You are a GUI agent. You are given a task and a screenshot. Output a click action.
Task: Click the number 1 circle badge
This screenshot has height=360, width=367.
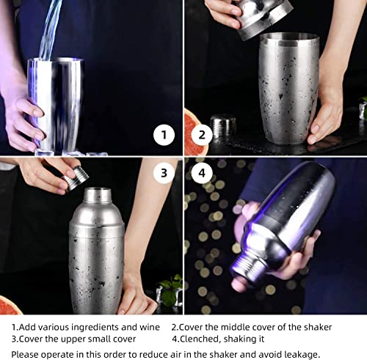point(164,135)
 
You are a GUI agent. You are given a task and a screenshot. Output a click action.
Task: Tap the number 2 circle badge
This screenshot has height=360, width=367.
point(203,135)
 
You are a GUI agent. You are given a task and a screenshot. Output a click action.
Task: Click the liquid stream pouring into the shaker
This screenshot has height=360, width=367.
point(49,29)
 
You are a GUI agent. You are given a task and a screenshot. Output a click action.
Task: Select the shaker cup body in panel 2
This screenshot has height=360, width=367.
point(288,88)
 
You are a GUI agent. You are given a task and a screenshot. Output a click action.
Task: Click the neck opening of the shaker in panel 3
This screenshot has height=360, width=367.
point(97,195)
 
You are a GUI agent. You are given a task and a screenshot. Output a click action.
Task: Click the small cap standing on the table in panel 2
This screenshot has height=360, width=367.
point(222,126)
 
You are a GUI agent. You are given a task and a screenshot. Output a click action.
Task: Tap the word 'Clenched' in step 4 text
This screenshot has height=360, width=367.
point(200,339)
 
